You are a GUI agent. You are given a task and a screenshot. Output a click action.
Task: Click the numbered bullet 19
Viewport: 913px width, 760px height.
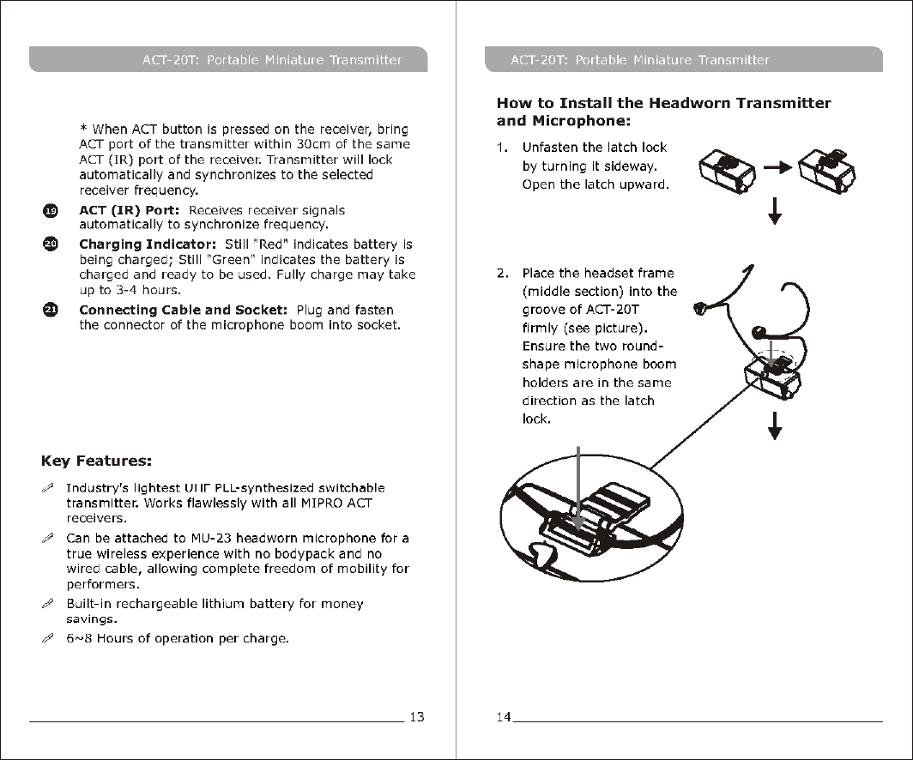pyautogui.click(x=51, y=211)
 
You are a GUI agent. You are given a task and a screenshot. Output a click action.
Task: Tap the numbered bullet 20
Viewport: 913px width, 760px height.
pyautogui.click(x=51, y=245)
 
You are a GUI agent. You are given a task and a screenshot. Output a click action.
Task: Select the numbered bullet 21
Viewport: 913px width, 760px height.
pyautogui.click(x=51, y=311)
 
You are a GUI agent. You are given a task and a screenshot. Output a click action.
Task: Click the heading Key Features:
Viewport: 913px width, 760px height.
pyautogui.click(x=96, y=461)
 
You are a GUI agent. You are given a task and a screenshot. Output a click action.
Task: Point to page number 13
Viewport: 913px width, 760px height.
pyautogui.click(x=415, y=716)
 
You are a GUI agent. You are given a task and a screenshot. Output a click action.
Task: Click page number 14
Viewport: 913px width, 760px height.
pyautogui.click(x=503, y=716)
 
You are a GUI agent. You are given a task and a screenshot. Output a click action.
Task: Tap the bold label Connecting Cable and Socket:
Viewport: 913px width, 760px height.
pyautogui.click(x=182, y=310)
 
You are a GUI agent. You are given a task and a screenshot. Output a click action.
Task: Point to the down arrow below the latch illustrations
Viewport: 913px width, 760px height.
pyautogui.click(x=775, y=211)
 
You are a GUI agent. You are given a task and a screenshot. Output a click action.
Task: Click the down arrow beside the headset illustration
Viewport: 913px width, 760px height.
pyautogui.click(x=775, y=425)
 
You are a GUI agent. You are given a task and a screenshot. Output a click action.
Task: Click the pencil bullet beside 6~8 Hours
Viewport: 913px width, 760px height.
pyautogui.click(x=48, y=639)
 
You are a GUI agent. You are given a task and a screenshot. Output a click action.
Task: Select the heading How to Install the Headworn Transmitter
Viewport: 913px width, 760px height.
pyautogui.click(x=663, y=104)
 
